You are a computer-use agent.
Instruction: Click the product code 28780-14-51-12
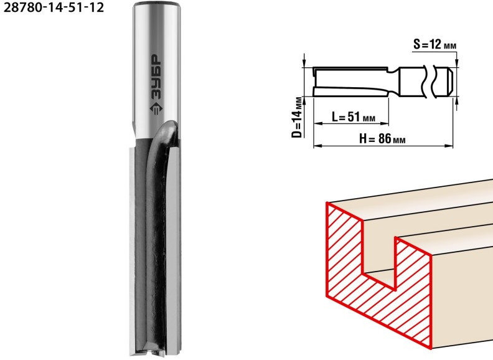pyautogui.click(x=54, y=7)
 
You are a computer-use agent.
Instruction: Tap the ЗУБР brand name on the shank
pyautogui.click(x=156, y=77)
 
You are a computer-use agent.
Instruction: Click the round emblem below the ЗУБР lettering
pyautogui.click(x=156, y=109)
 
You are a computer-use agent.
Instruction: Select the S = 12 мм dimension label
pyautogui.click(x=434, y=45)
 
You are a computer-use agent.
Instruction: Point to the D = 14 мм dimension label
pyautogui.click(x=297, y=117)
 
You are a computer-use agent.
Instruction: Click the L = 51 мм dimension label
pyautogui.click(x=354, y=117)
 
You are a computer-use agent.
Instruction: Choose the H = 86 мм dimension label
pyautogui.click(x=382, y=138)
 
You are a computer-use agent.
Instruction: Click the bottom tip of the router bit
pyautogui.click(x=156, y=355)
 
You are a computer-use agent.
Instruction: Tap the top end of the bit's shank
pyautogui.click(x=157, y=4)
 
